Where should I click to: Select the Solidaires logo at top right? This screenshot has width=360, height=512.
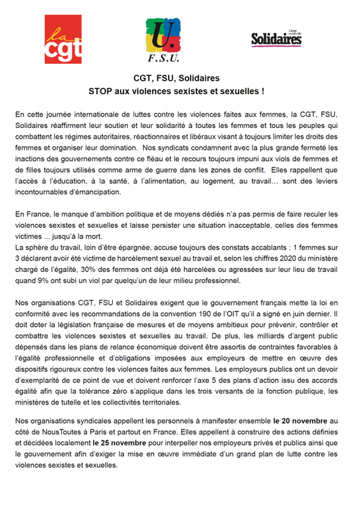pyautogui.click(x=276, y=38)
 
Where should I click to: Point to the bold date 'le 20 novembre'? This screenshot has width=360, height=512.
pyautogui.click(x=299, y=421)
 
